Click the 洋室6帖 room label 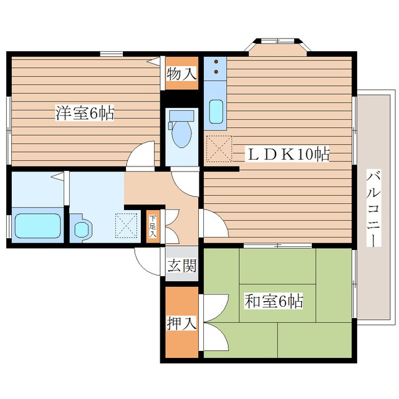[x=85, y=113]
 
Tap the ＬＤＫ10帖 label [x=287, y=154]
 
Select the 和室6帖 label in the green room [x=274, y=300]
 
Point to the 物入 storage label [x=181, y=74]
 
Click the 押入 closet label [x=181, y=323]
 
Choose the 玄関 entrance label [x=181, y=266]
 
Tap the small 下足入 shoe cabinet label [x=153, y=226]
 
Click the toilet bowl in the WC [x=181, y=132]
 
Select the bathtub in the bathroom [x=37, y=226]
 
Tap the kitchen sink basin [x=216, y=112]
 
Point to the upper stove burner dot [x=216, y=61]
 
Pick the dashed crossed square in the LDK [x=219, y=148]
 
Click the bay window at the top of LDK [x=277, y=47]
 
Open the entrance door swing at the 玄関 [x=148, y=262]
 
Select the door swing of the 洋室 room [x=141, y=155]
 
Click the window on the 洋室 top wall [x=111, y=54]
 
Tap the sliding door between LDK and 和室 [x=277, y=246]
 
